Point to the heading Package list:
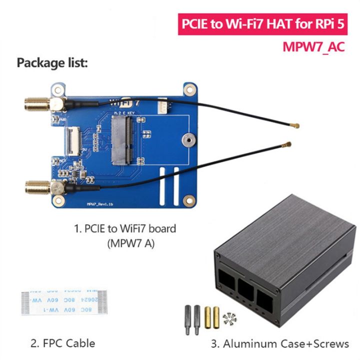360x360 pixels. tap(52, 63)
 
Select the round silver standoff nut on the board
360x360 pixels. tap(188, 140)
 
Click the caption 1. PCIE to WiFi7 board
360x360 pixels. tap(125, 229)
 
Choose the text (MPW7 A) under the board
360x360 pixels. tap(125, 243)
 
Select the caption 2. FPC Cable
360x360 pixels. tap(62, 343)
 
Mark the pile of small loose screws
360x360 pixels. tap(230, 317)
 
